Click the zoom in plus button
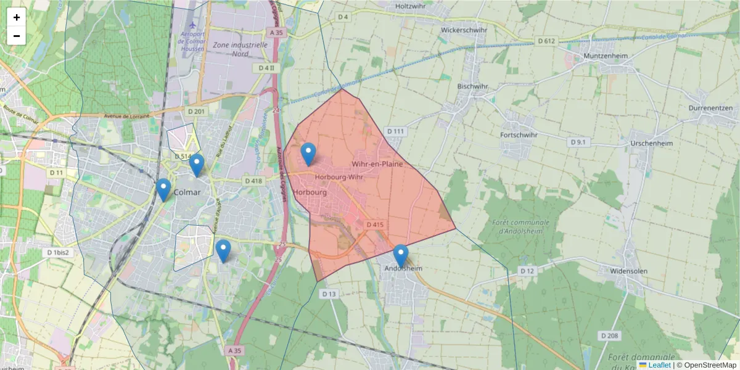17,17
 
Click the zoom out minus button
17,36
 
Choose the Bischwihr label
473,86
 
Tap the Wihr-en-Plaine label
377,164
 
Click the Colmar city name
188,192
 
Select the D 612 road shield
546,41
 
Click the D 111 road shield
395,131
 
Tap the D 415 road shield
375,225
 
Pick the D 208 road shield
609,335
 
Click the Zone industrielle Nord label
240,49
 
